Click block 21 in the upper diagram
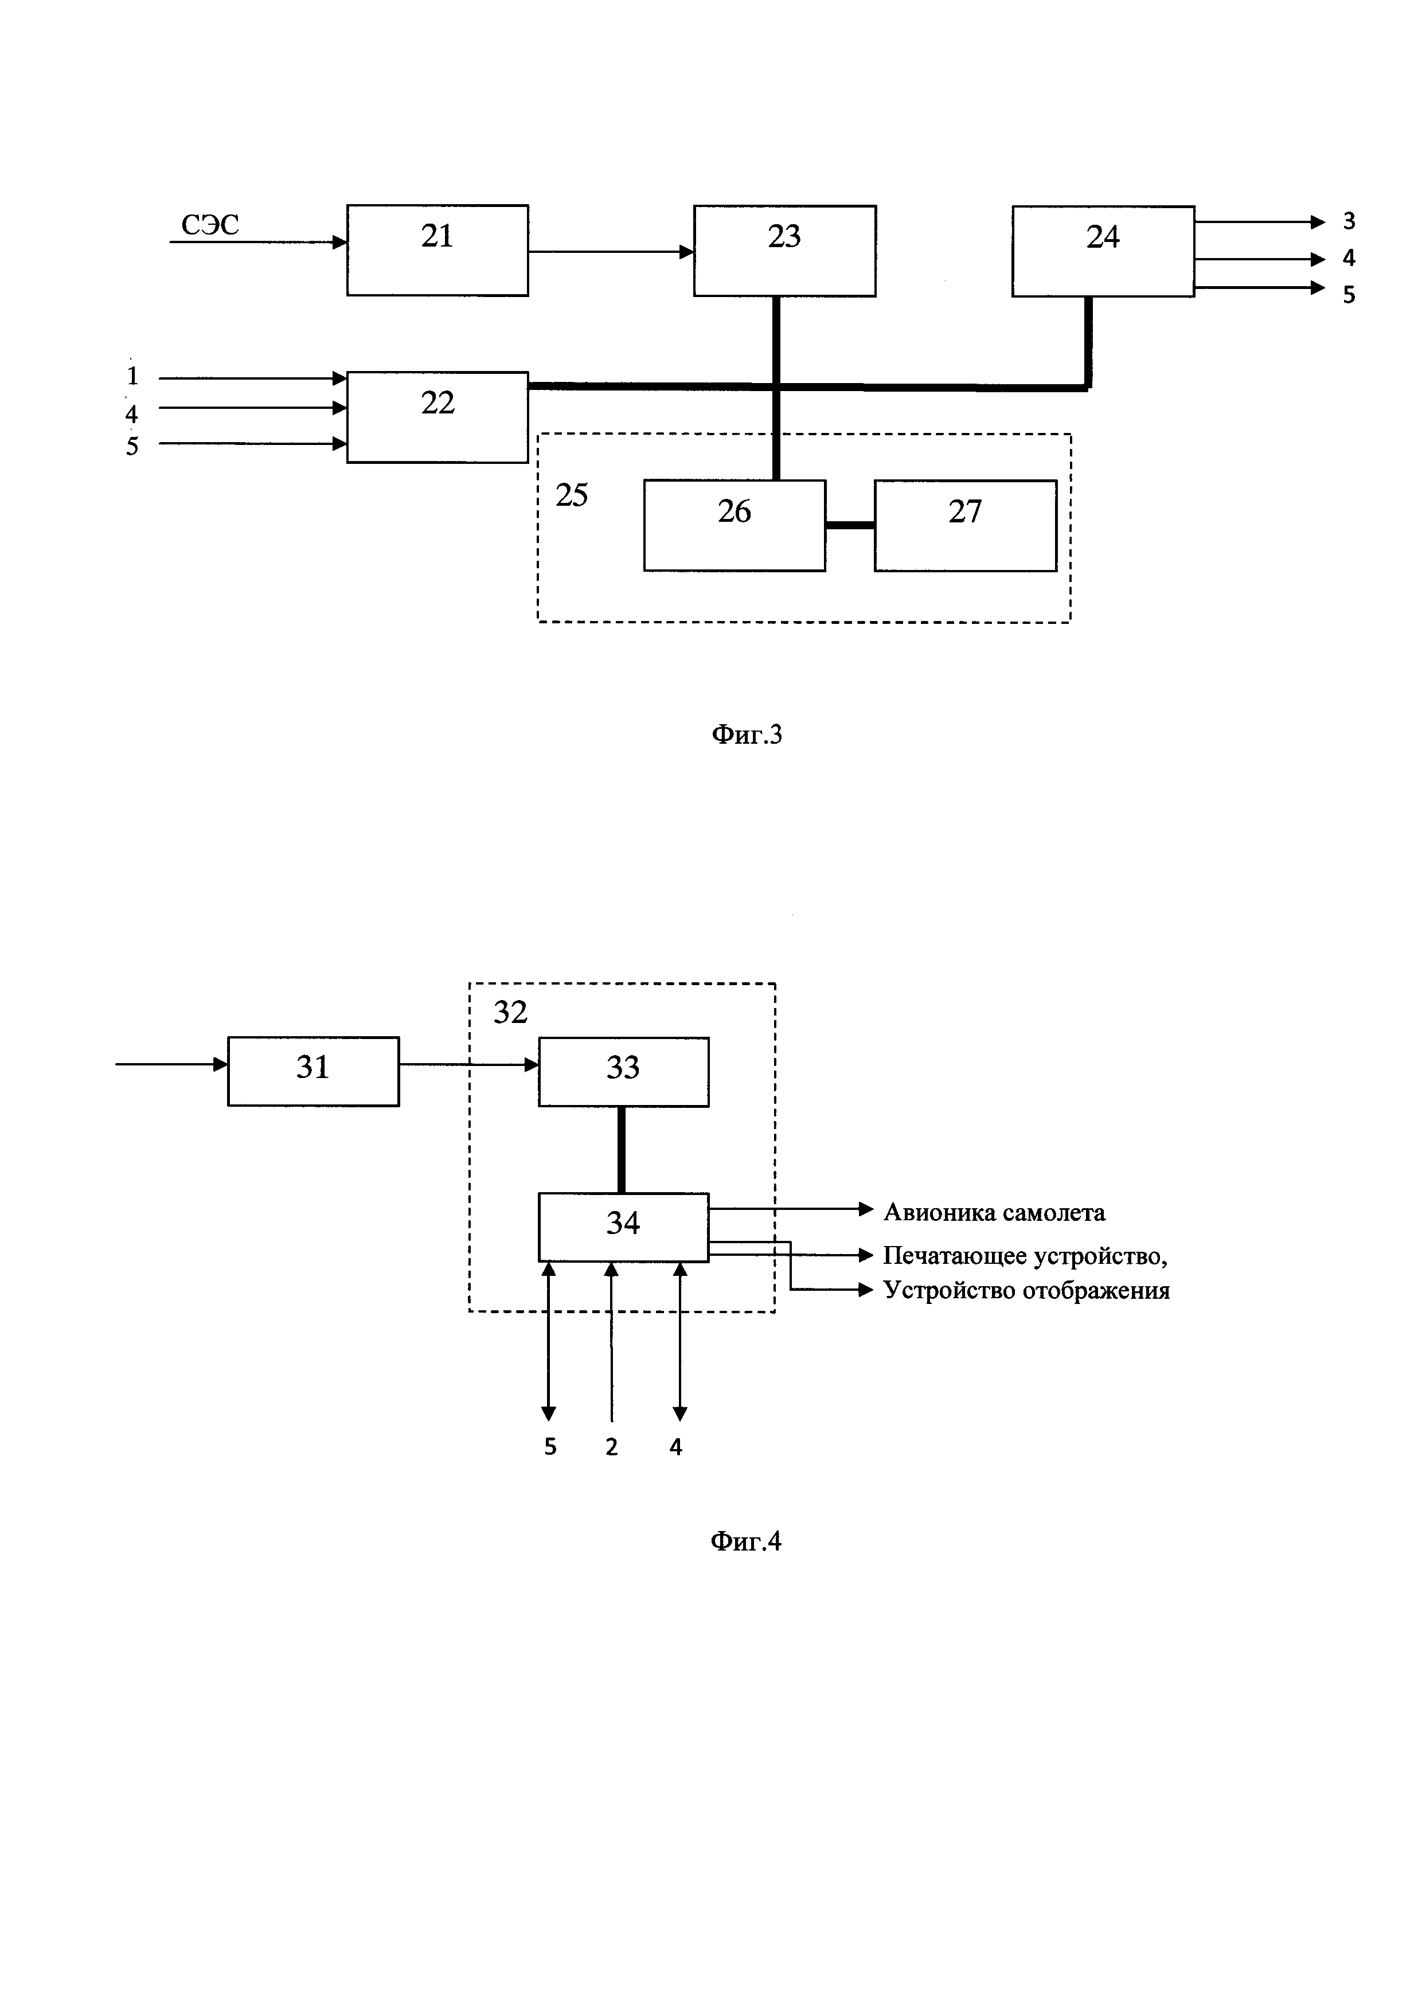coord(437,251)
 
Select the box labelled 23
coord(784,251)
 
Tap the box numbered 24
coord(1103,251)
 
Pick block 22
coord(437,417)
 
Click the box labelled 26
coord(734,525)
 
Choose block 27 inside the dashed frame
coord(965,525)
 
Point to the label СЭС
coord(210,225)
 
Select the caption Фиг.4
coord(746,1541)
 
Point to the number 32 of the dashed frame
coord(510,1013)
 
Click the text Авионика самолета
coord(994,1212)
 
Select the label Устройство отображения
coord(1026,1290)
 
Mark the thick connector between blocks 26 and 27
coord(849,525)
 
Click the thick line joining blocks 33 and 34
coord(622,1149)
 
